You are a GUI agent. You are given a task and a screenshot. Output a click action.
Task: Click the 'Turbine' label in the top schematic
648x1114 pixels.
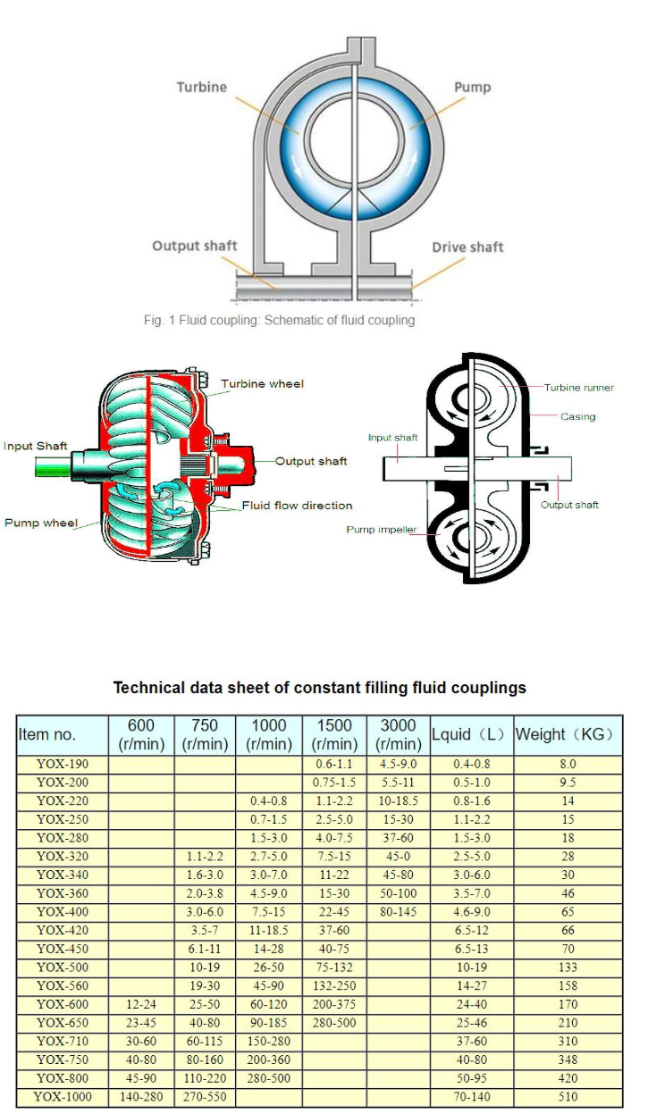(x=201, y=88)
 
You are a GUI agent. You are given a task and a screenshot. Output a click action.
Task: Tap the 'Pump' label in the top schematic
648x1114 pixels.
(x=472, y=88)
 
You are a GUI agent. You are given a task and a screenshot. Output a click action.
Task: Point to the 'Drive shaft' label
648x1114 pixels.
(x=468, y=247)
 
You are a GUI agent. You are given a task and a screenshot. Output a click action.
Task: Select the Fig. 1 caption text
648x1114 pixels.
(x=279, y=321)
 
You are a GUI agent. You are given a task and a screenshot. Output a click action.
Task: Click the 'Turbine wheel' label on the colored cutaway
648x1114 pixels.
(x=262, y=384)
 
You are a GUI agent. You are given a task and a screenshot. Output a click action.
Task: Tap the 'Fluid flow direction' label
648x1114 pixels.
(x=297, y=506)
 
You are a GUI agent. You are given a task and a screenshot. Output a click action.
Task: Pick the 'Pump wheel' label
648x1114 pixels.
(x=41, y=523)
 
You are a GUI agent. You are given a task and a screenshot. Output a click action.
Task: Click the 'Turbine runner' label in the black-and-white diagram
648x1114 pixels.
(x=579, y=388)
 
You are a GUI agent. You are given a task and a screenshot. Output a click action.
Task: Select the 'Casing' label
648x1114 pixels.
(x=577, y=416)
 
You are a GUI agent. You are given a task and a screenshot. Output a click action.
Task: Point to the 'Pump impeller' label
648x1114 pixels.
(x=382, y=530)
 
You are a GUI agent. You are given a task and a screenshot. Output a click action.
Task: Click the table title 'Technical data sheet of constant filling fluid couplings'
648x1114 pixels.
(x=319, y=688)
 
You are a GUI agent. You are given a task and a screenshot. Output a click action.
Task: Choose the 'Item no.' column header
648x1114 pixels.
(x=47, y=735)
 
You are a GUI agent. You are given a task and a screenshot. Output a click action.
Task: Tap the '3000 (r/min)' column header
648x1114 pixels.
(x=398, y=735)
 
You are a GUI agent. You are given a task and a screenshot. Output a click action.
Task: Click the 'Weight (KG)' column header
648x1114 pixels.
(x=568, y=735)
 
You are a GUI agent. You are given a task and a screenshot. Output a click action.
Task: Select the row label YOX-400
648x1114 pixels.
(x=63, y=912)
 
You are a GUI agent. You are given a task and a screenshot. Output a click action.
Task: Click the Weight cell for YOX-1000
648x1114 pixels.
(x=568, y=1096)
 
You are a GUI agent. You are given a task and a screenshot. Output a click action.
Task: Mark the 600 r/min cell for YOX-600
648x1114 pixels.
(x=141, y=1004)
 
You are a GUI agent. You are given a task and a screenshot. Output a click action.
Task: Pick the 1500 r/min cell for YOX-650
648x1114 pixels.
(x=334, y=1023)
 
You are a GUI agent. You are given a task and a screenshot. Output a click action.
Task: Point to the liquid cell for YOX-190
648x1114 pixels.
(x=471, y=765)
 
